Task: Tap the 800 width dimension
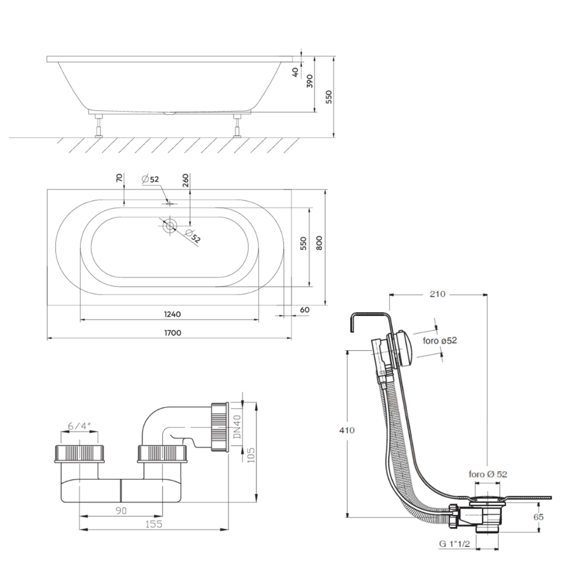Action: click(x=320, y=243)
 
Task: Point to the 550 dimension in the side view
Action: click(x=329, y=97)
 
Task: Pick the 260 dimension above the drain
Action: click(x=185, y=182)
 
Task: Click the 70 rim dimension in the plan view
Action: click(x=120, y=179)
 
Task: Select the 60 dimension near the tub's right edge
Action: click(x=304, y=310)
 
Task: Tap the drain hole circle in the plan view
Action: click(x=168, y=225)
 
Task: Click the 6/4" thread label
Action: click(x=79, y=426)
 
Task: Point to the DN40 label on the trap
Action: click(x=237, y=428)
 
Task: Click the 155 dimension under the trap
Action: click(x=153, y=524)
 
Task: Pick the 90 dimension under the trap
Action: click(x=120, y=510)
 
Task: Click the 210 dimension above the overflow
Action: click(x=437, y=294)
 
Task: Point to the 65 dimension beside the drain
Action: click(x=538, y=517)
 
